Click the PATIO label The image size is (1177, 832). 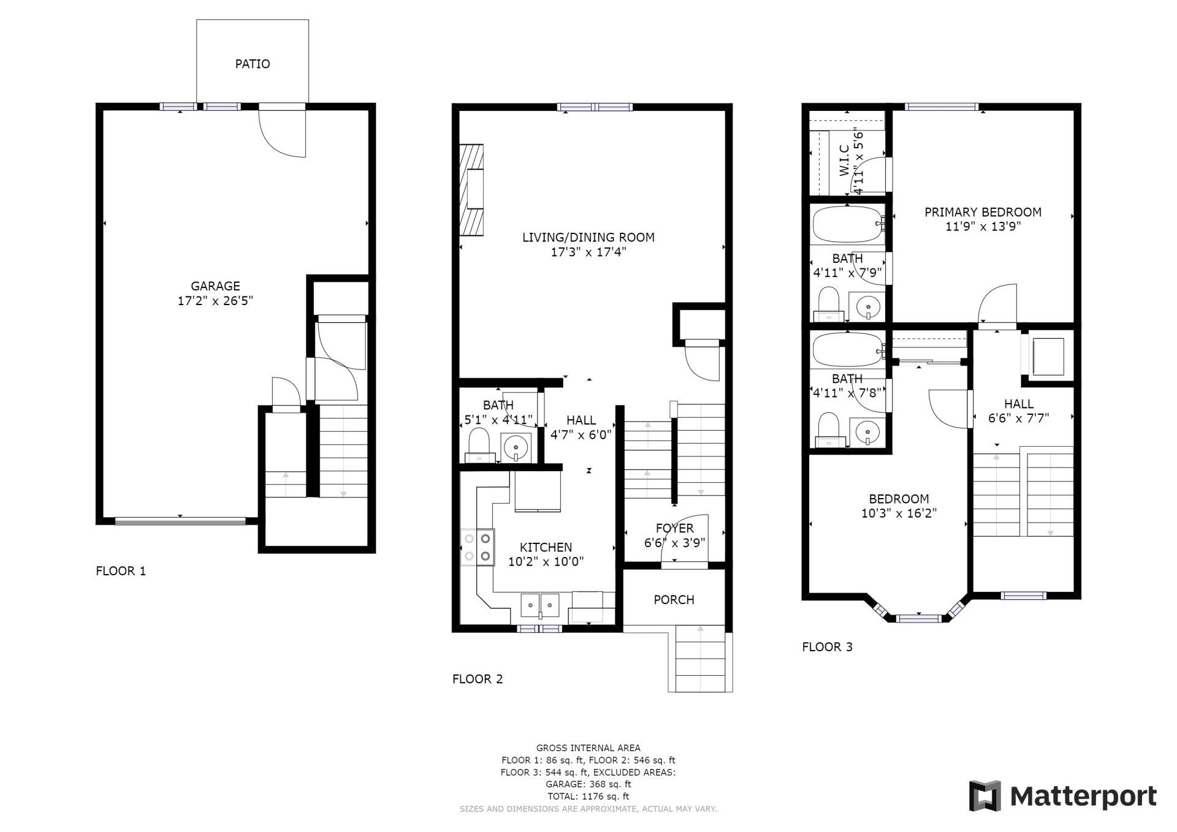click(x=253, y=64)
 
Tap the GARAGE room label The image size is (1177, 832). click(x=215, y=286)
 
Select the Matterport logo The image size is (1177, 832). click(x=1062, y=796)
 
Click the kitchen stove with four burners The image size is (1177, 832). click(x=478, y=547)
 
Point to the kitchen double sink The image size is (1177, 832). click(x=540, y=605)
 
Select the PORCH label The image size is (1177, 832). click(x=674, y=600)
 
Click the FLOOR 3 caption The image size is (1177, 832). click(x=827, y=646)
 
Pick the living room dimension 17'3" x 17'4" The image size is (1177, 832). click(x=588, y=252)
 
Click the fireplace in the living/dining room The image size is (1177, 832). click(x=471, y=190)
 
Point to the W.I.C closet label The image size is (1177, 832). click(x=844, y=161)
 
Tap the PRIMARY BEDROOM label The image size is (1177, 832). click(x=983, y=212)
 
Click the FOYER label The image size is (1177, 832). click(x=674, y=528)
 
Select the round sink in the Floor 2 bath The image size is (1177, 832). click(x=516, y=447)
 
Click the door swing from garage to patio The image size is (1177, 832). click(x=282, y=132)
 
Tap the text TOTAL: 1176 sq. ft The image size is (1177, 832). click(x=588, y=796)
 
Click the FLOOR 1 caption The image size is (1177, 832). click(x=121, y=571)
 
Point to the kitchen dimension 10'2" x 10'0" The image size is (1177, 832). click(x=546, y=561)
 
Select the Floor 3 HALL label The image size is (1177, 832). click(x=1019, y=404)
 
